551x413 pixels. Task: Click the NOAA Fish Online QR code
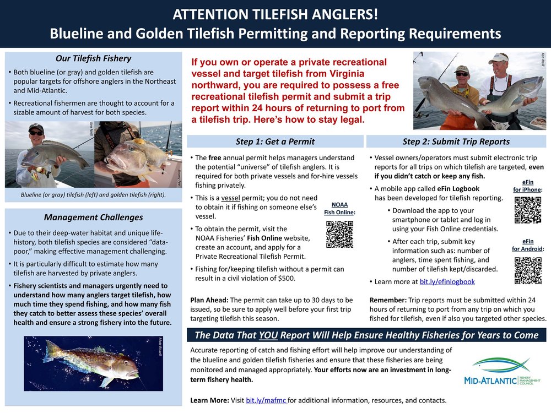coord(339,234)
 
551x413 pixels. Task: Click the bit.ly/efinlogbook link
coord(447,281)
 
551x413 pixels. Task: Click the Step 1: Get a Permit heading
coord(275,142)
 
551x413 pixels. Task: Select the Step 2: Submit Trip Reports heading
coord(456,142)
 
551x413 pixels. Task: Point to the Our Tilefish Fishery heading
coord(93,58)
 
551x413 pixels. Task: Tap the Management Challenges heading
coord(93,218)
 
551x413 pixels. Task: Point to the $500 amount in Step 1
coord(286,279)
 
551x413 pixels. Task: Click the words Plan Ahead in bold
coord(209,300)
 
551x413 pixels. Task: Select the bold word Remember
coord(388,300)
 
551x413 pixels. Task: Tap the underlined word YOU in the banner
coord(268,335)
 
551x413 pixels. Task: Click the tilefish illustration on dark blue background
coord(93,363)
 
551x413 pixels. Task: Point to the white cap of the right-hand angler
coord(498,57)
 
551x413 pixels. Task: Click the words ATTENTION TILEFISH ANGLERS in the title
coord(275,13)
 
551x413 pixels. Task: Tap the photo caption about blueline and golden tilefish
coord(93,195)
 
